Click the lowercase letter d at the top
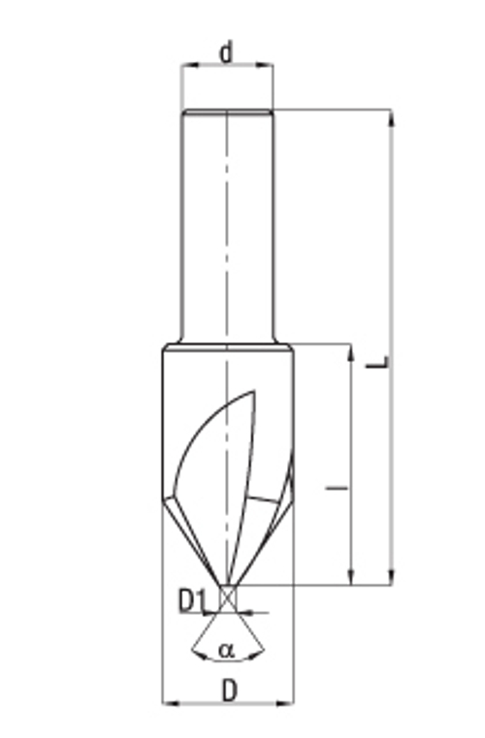pos(226,50)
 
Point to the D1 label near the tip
pos(192,601)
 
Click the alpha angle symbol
pos(226,650)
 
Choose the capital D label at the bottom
pos(229,690)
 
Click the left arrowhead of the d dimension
pos(185,66)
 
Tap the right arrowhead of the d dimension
pos(268,66)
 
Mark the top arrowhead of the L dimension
pos(391,115)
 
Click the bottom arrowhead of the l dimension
pos(349,579)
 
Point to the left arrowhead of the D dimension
pos(167,702)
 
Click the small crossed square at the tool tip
pos(227,598)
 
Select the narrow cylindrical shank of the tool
pos(227,223)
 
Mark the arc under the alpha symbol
pos(227,659)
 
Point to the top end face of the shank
pos(227,110)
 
